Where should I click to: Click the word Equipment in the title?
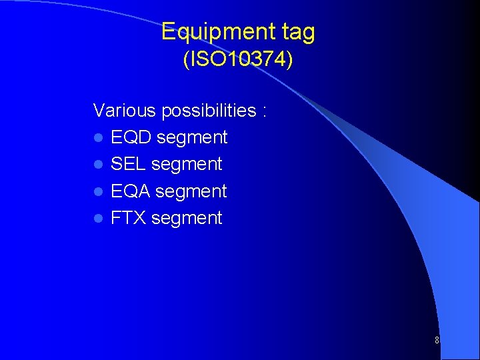pyautogui.click(x=213, y=32)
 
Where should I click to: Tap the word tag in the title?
pyautogui.click(x=293, y=32)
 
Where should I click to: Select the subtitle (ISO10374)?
pyautogui.click(x=238, y=60)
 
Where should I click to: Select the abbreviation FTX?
pyautogui.click(x=129, y=218)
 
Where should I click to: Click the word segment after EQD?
pyautogui.click(x=192, y=138)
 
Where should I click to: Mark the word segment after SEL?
pyautogui.click(x=187, y=165)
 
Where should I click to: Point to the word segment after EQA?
pyautogui.click(x=191, y=192)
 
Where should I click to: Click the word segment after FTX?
pyautogui.click(x=187, y=219)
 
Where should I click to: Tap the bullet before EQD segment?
pyautogui.click(x=98, y=138)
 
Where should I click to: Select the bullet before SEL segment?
pyautogui.click(x=98, y=165)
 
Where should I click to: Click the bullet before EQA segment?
pyautogui.click(x=98, y=192)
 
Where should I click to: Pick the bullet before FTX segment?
pyautogui.click(x=98, y=219)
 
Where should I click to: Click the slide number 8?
pyautogui.click(x=437, y=341)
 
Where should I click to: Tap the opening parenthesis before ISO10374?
pyautogui.click(x=186, y=60)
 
